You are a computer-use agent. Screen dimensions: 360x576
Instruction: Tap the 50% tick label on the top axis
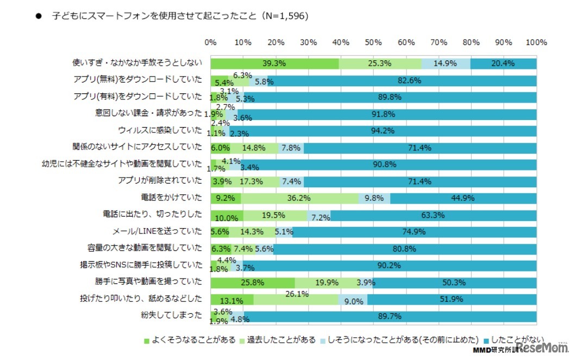coord(374,42)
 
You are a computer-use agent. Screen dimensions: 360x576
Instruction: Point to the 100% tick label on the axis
coord(536,42)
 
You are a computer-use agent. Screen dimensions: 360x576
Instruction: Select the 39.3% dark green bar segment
coord(274,64)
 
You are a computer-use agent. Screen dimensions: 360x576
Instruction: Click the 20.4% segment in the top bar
coord(503,64)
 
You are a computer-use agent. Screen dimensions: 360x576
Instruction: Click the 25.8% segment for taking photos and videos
coord(253,282)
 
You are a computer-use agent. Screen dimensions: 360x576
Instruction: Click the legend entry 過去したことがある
coord(281,340)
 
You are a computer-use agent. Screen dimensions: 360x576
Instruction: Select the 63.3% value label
coord(433,216)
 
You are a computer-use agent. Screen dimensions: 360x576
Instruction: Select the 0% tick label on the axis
coord(210,42)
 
